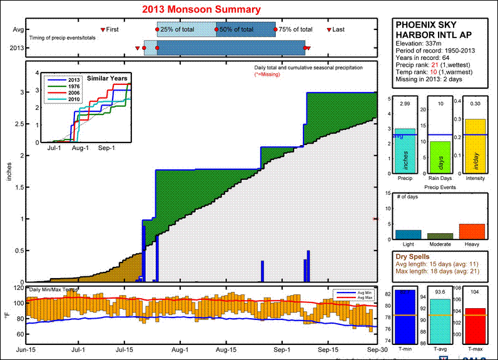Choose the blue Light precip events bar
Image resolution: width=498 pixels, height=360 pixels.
click(408, 234)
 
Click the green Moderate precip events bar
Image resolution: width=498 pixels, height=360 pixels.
click(440, 236)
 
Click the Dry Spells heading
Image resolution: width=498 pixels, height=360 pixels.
click(414, 256)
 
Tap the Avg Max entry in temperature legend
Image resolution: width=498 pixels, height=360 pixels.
click(360, 297)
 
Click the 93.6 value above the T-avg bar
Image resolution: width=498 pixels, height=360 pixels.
click(439, 292)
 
